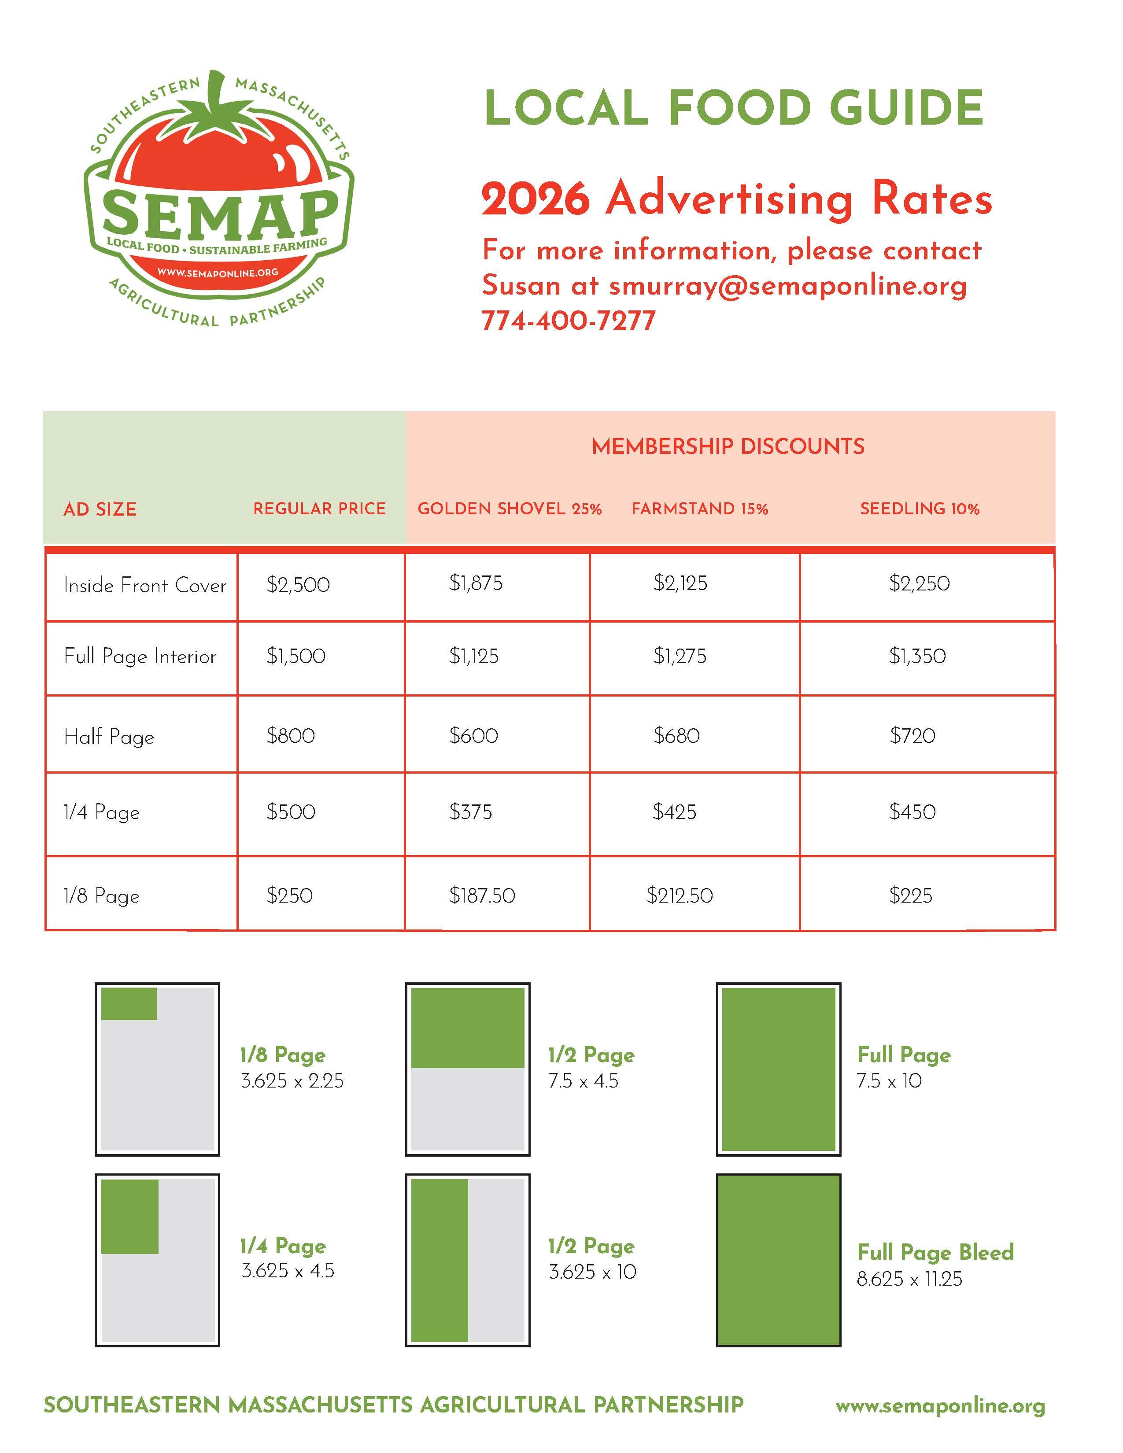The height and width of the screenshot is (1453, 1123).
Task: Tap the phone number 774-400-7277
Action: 569,321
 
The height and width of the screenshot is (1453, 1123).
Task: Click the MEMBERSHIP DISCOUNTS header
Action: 728,446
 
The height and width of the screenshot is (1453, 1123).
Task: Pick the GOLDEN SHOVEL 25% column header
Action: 510,509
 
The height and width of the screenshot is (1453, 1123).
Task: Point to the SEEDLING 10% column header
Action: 920,509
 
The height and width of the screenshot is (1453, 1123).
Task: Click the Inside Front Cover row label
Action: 145,586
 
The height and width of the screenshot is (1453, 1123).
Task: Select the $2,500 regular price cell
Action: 298,585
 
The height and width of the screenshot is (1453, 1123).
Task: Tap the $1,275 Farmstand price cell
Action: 680,656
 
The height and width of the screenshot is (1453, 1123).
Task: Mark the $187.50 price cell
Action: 482,896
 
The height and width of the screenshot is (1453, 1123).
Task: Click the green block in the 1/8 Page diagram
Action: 129,1004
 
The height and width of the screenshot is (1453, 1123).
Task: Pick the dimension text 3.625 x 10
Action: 592,1272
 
